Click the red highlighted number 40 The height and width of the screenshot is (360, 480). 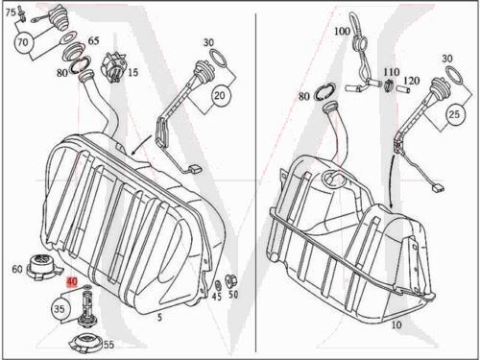(72, 282)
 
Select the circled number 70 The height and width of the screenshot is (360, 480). (23, 42)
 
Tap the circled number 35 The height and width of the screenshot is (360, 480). (60, 309)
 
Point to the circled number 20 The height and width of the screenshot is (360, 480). (219, 95)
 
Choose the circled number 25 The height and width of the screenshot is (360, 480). (454, 114)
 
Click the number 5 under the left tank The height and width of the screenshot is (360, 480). (159, 317)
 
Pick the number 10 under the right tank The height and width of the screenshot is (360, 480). (396, 324)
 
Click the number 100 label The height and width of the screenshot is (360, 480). (342, 32)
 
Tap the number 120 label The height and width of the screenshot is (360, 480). (411, 80)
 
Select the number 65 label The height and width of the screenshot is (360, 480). (93, 41)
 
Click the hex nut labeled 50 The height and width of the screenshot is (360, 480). (230, 281)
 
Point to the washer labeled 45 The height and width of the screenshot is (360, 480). (219, 284)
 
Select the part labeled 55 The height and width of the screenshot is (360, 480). (85, 342)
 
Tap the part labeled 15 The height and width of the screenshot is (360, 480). (113, 68)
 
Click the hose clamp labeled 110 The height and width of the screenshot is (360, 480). (388, 84)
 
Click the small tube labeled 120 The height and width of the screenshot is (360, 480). (403, 89)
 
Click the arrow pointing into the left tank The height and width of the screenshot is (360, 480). (141, 144)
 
